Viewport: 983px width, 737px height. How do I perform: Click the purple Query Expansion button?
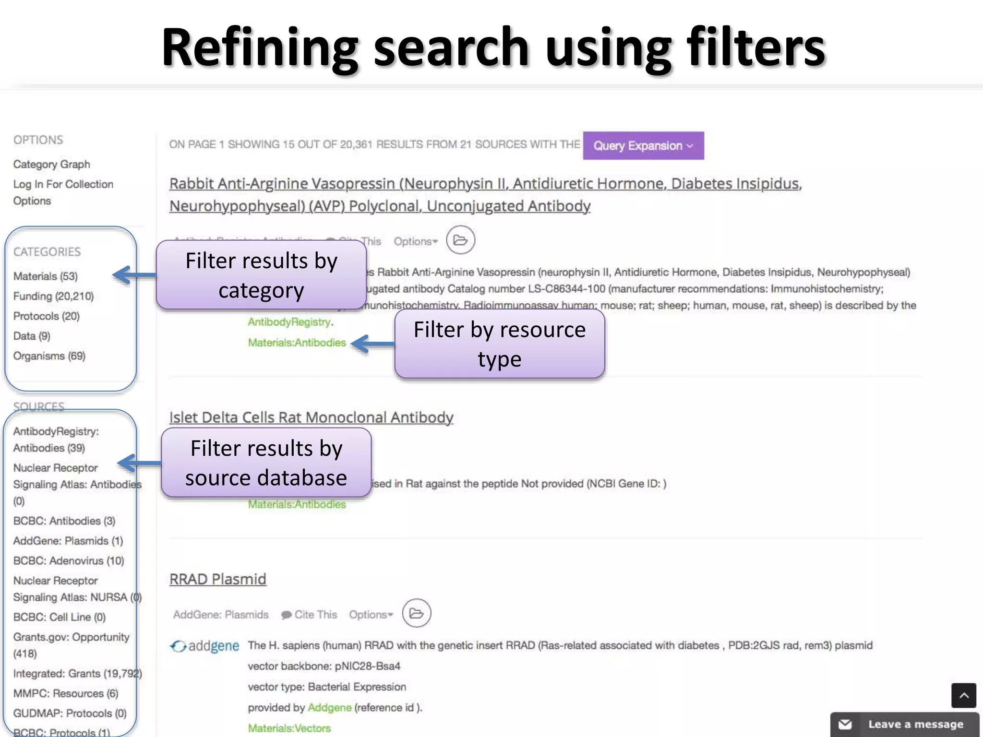643,146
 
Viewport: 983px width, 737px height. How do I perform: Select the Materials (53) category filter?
46,276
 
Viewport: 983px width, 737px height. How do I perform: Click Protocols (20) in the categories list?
47,316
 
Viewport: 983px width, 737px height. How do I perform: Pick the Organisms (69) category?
49,356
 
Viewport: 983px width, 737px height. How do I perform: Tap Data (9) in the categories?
32,336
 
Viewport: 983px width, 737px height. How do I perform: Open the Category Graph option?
51,164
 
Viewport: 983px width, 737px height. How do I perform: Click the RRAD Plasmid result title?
217,579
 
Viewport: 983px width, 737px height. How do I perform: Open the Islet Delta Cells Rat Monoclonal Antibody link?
311,417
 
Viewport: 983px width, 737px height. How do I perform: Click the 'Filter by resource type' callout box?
499,344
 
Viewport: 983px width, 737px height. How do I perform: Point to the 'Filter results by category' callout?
261,275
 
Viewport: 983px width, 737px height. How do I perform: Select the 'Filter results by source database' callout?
266,463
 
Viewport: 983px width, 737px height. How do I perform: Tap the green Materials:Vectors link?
289,728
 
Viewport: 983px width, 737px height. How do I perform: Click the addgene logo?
205,646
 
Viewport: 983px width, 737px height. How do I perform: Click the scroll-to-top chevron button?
964,695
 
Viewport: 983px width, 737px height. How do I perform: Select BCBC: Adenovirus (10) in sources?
69,561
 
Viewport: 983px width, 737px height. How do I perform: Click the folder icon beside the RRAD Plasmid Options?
416,613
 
